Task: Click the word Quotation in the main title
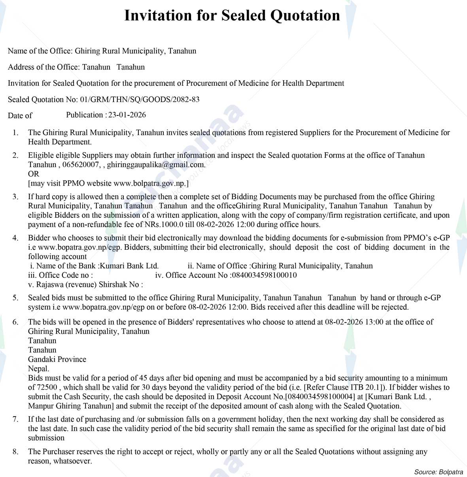(x=305, y=16)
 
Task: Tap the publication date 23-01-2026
(x=127, y=115)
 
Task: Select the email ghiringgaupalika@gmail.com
(x=156, y=164)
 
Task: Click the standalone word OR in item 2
(x=34, y=174)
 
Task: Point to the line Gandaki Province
(x=57, y=359)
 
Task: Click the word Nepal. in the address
(x=39, y=369)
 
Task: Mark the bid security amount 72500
(x=47, y=387)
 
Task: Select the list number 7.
(x=15, y=419)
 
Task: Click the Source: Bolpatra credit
(x=439, y=472)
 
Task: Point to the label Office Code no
(x=60, y=275)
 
